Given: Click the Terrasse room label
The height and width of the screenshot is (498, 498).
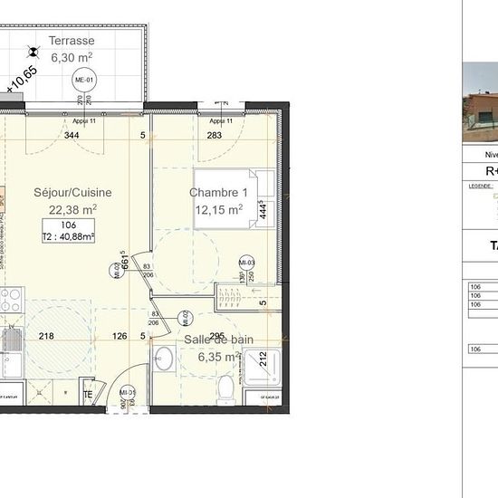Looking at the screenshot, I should pos(72,41).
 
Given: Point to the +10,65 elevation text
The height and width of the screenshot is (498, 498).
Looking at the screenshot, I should pos(23,79).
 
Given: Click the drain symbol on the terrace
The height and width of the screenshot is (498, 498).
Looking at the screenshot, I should pos(34,53).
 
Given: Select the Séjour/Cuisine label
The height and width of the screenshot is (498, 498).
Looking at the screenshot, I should pos(72,192).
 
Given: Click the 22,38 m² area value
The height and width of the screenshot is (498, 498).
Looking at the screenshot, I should pos(72,208).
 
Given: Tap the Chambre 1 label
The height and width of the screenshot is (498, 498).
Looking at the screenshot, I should pos(218,193).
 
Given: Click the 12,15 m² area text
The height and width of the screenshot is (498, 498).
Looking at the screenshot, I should pos(218,210).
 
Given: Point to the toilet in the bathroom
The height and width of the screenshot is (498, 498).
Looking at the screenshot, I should pos(224,388).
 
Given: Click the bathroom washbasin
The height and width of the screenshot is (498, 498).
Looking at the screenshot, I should pos(162,359).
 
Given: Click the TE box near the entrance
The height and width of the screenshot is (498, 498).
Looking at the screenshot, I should pos(88,395).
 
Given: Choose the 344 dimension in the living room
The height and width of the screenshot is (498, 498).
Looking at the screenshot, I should pos(72,136).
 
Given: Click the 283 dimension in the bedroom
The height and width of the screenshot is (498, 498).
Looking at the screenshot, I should pos(214,136).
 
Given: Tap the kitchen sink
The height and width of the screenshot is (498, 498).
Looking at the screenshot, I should pos(13,340).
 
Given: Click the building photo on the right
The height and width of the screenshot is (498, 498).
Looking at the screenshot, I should pos(480,101).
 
